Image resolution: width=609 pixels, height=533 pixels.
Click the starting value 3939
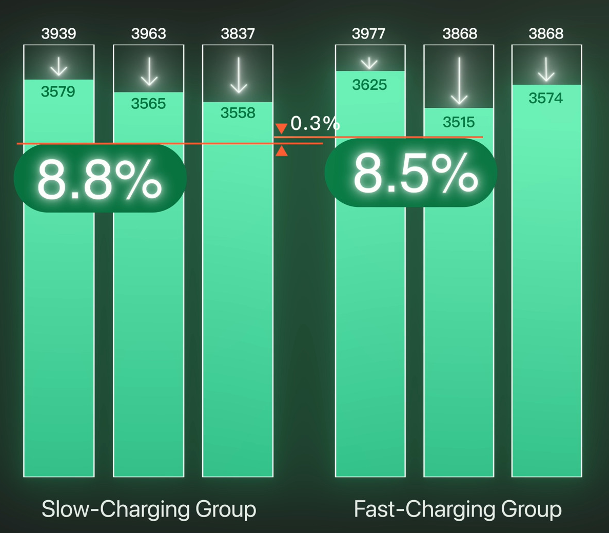[58, 34]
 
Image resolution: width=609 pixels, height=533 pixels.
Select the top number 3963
[148, 34]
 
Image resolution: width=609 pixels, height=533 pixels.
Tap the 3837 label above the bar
[238, 34]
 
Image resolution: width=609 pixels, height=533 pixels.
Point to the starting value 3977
[368, 34]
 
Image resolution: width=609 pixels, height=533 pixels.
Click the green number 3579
[58, 92]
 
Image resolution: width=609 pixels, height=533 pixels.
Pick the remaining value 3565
[148, 104]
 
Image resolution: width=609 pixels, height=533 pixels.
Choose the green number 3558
[238, 113]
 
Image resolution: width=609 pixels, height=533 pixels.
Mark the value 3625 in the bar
[369, 85]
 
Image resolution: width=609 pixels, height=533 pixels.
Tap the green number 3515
[459, 122]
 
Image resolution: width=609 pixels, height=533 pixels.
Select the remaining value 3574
[546, 98]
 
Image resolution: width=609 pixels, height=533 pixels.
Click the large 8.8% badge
[100, 178]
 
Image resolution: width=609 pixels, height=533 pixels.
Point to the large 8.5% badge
[411, 173]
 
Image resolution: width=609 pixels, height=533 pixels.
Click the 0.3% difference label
[315, 123]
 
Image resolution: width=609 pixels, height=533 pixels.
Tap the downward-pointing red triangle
[281, 128]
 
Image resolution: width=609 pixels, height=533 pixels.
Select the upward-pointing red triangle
[281, 151]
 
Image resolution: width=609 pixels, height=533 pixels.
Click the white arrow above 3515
[459, 81]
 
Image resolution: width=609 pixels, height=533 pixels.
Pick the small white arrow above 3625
[369, 63]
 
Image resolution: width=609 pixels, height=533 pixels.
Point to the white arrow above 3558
[239, 75]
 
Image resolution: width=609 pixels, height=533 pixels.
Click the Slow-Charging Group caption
[149, 509]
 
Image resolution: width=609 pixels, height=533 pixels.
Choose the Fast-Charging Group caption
[458, 509]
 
